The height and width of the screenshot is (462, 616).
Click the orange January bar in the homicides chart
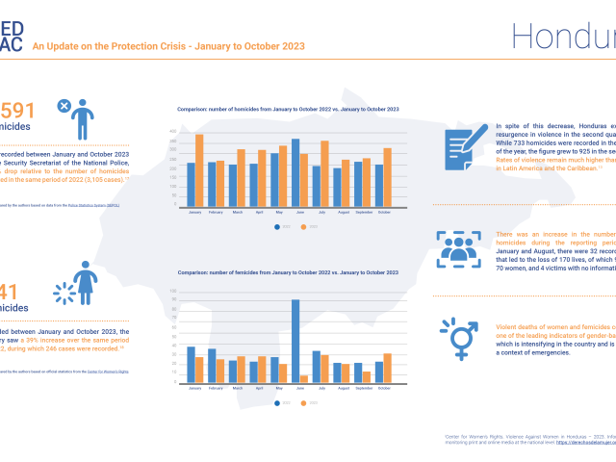point(199,169)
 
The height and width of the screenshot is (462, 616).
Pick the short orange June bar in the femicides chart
point(305,379)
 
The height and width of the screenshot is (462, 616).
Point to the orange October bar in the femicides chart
point(387,369)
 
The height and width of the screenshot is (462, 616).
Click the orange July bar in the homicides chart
point(325,173)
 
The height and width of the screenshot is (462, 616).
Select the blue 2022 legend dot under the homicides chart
point(277,227)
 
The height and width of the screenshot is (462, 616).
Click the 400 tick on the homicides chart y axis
point(173,131)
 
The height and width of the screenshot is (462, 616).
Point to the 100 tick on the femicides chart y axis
point(173,291)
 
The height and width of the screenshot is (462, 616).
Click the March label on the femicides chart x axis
point(238,389)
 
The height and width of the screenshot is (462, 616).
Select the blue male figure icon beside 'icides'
point(85,118)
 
